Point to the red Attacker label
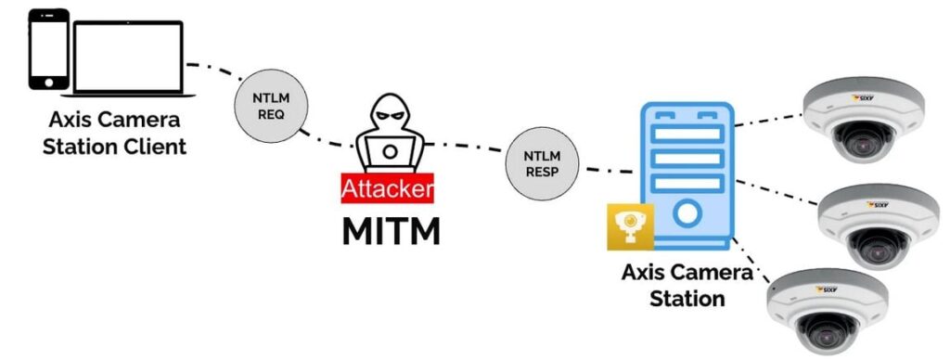(x=387, y=188)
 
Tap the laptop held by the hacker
(x=391, y=151)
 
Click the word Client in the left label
(x=150, y=147)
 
